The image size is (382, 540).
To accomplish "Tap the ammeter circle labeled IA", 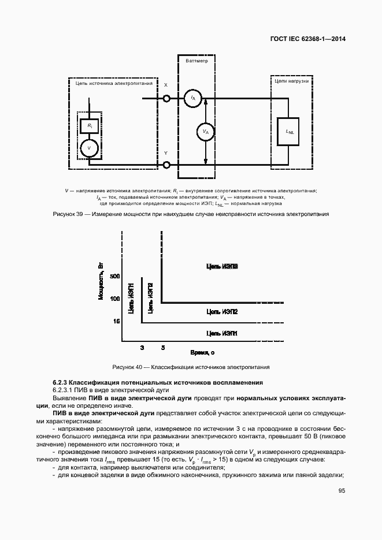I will click(x=192, y=99).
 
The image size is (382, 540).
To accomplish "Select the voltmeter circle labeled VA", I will click(x=205, y=132).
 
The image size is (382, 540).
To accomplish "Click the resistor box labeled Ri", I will click(x=89, y=125).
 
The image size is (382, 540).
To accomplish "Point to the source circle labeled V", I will click(x=89, y=148).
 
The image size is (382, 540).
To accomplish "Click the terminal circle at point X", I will click(x=167, y=99).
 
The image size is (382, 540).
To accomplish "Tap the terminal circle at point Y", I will click(x=167, y=165).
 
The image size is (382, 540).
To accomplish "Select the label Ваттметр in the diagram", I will click(x=197, y=61).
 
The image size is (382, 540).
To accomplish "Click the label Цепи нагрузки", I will click(x=291, y=81).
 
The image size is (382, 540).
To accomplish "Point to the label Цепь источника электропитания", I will click(x=114, y=83).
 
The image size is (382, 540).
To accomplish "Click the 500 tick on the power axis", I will click(x=114, y=277).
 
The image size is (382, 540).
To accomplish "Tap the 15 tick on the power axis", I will click(x=116, y=321).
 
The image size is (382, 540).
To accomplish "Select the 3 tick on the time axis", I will click(x=142, y=348).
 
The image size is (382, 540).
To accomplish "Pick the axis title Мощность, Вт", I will click(x=101, y=281).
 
